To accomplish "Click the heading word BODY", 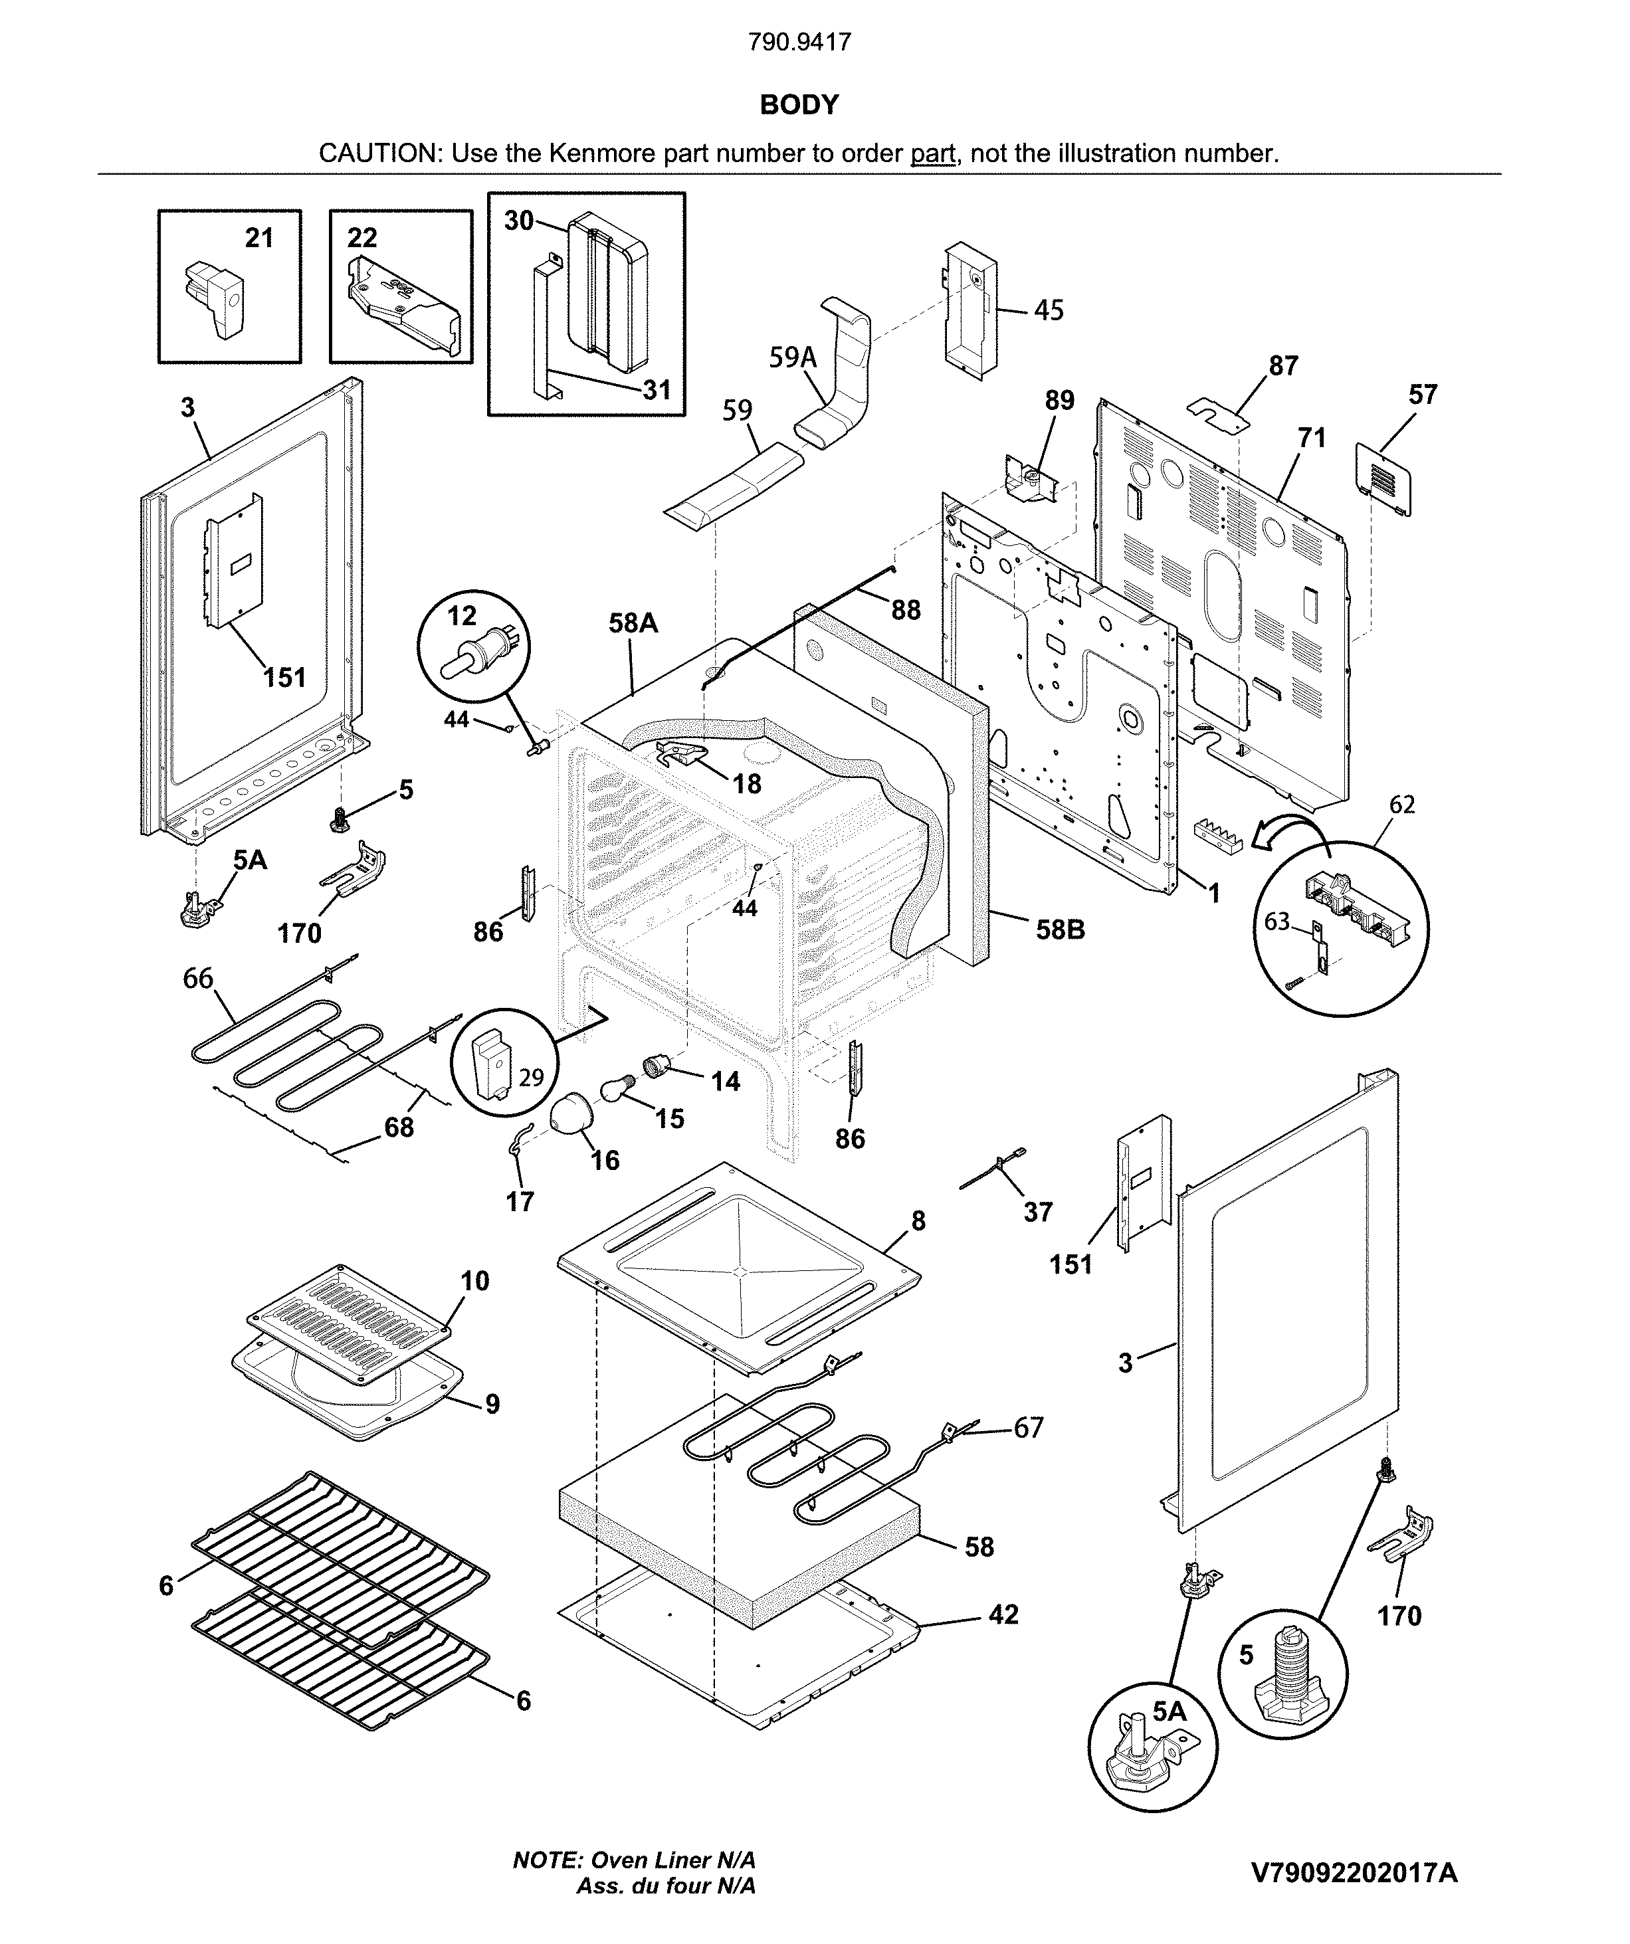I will click(799, 104).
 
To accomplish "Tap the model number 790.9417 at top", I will click(800, 42).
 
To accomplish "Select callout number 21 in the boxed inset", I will click(259, 238).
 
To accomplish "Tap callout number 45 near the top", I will click(1049, 310).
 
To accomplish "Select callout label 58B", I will click(1060, 929).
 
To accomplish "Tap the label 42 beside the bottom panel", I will click(1003, 1614).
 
